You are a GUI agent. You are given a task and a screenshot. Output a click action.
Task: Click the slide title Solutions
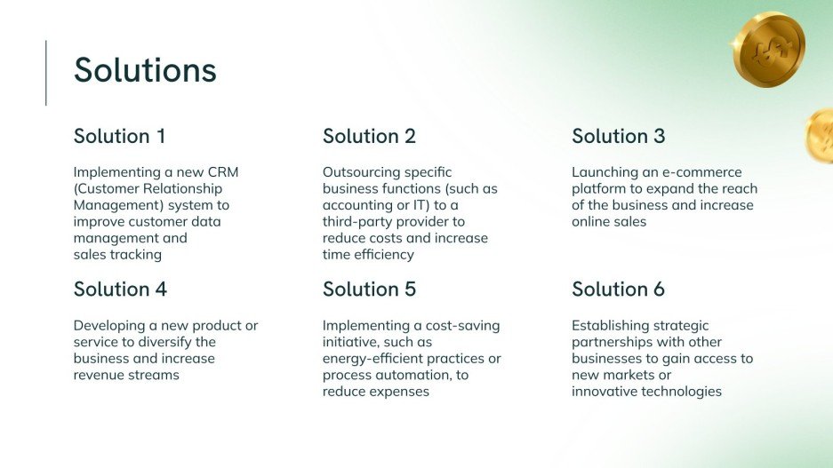[x=145, y=70]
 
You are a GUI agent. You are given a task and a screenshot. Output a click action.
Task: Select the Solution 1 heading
[x=119, y=136]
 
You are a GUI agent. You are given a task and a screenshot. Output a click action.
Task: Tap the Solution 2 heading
[x=369, y=136]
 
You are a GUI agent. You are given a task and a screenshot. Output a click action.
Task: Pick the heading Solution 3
[x=618, y=136]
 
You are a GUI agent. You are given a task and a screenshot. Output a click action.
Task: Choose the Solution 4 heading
[x=120, y=290]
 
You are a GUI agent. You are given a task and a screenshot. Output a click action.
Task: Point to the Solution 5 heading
[x=369, y=290]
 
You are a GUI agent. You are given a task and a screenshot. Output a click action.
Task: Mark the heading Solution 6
[x=618, y=290]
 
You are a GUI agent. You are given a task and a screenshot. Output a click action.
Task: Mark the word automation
[x=412, y=376]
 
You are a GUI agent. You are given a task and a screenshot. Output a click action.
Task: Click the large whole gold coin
[x=768, y=48]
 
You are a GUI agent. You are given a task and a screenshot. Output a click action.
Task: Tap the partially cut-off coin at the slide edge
[x=821, y=136]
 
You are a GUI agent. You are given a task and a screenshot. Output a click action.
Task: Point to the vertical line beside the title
[x=46, y=73]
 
